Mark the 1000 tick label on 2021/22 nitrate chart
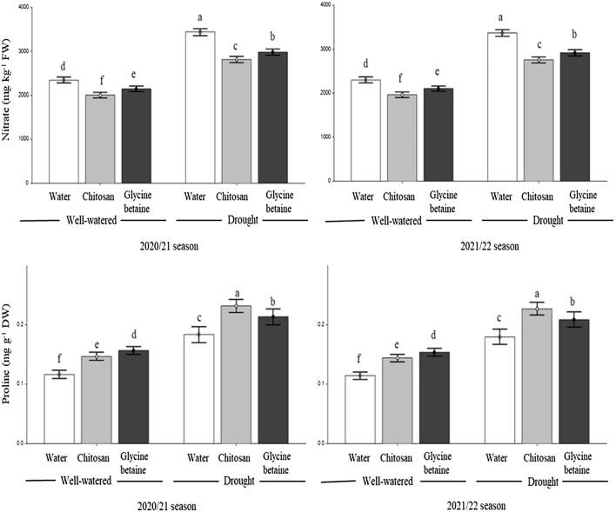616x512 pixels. (x=325, y=136)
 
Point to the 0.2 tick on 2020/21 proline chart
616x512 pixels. (x=23, y=324)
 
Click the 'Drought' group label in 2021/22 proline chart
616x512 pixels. (x=535, y=481)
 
